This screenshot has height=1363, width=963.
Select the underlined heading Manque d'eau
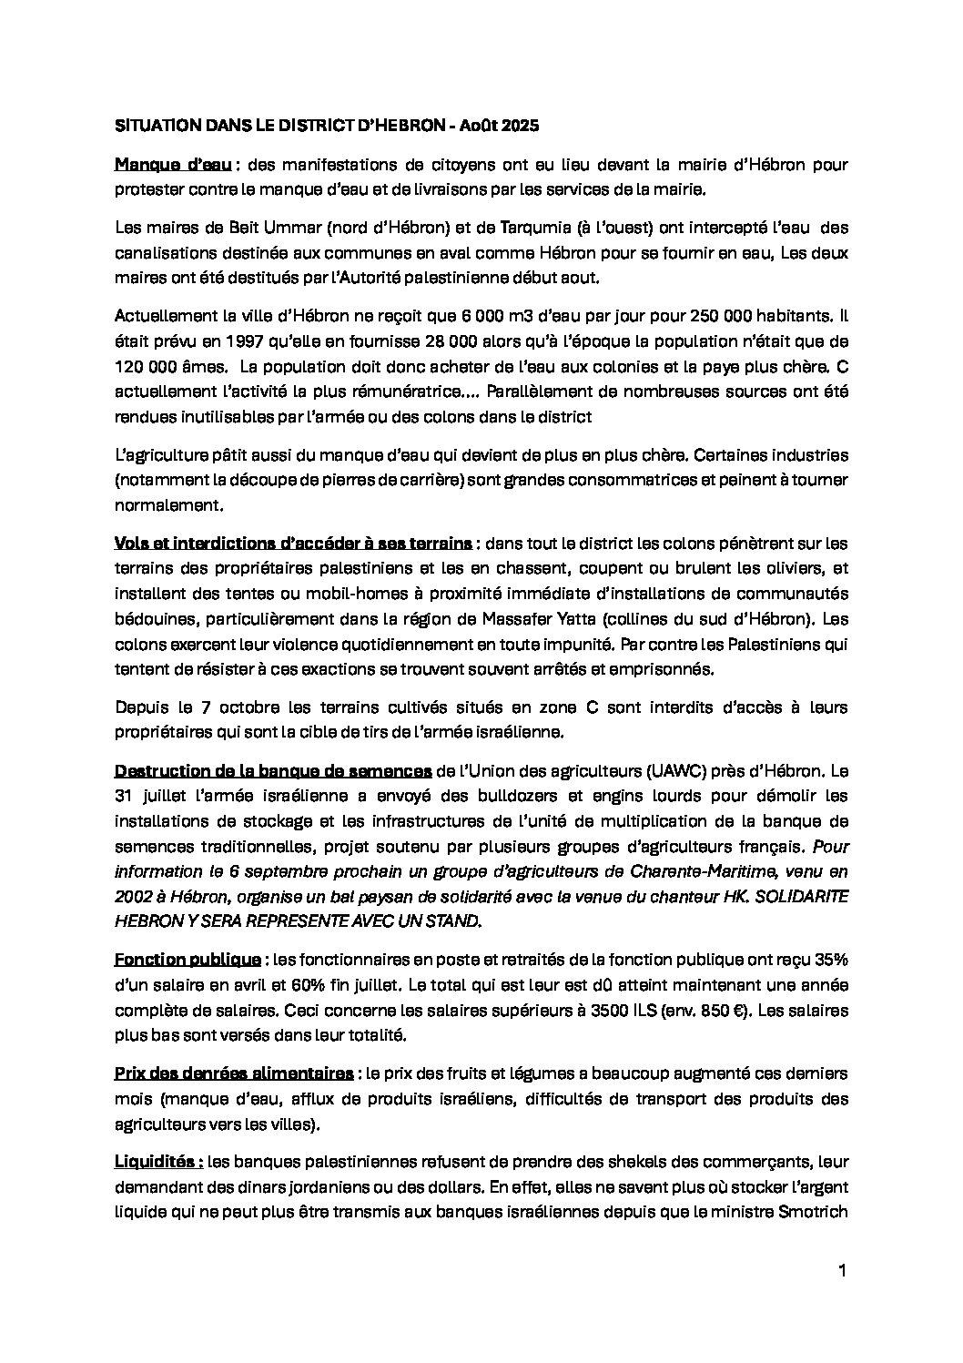[173, 165]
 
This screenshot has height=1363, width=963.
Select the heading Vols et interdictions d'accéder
[293, 544]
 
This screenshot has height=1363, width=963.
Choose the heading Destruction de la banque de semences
[273, 771]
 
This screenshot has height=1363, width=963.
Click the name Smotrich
[812, 1212]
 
